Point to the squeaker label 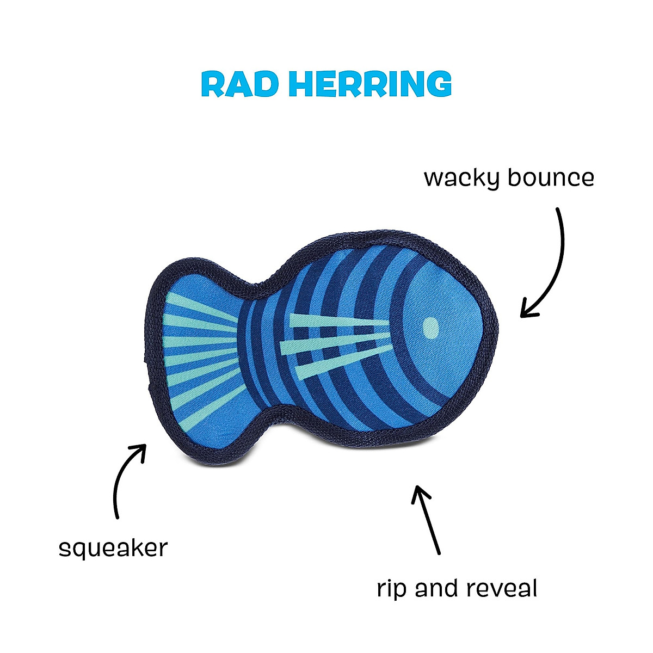point(113,549)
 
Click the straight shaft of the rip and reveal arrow point(430,522)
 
